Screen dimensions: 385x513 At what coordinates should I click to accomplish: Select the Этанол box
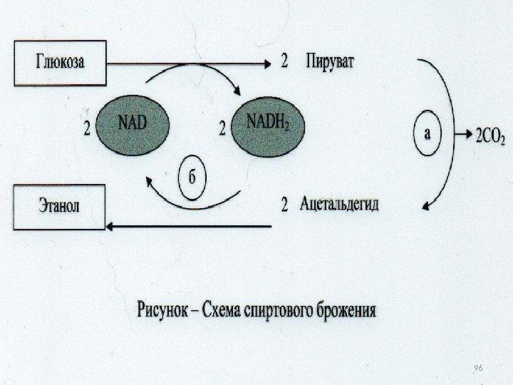[58, 207]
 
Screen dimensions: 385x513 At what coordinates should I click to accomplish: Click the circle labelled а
[427, 133]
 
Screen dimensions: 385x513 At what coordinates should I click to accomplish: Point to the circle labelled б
[192, 175]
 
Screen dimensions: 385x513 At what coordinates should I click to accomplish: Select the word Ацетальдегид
[340, 205]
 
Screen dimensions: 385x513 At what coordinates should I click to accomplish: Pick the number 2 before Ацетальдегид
[284, 206]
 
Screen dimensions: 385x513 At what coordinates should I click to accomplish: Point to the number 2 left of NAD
[87, 130]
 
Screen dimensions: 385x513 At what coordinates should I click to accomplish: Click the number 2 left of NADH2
[222, 129]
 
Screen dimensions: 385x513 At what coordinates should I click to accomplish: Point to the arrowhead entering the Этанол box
[111, 226]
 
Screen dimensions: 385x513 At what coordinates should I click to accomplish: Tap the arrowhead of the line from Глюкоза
[268, 63]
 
